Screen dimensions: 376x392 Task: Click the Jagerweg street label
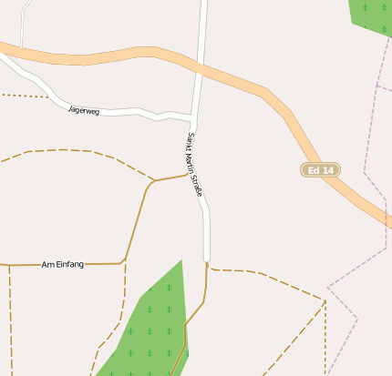pos(84,110)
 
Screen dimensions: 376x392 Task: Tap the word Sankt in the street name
pos(191,142)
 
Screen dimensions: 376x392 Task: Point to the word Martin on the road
pos(193,162)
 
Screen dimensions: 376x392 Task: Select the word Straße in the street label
pos(197,183)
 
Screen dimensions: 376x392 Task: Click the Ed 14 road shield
pos(320,170)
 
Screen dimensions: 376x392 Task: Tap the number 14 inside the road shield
pos(327,170)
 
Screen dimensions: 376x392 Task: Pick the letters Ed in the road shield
pos(314,170)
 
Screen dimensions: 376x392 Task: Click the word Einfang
pos(69,264)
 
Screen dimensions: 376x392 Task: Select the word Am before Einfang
pos(47,264)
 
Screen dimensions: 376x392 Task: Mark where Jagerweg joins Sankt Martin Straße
pos(193,117)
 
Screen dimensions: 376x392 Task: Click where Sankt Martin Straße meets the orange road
pos(200,66)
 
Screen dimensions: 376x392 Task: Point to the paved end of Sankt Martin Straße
pos(207,259)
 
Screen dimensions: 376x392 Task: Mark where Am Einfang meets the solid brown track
pos(123,263)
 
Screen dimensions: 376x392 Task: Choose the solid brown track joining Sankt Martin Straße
pos(173,178)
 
